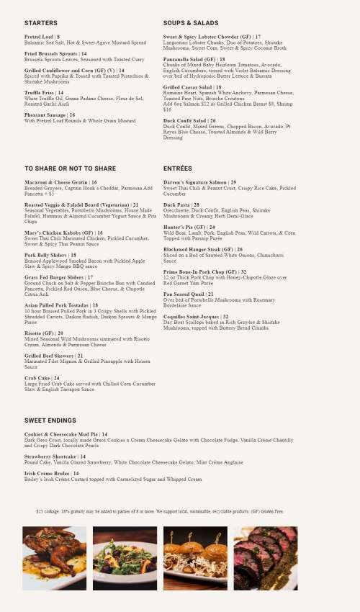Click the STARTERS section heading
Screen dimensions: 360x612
(41, 23)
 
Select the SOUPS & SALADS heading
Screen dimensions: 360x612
(190, 23)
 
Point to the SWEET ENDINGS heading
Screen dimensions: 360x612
(50, 420)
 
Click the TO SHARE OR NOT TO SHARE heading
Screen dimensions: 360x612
(70, 168)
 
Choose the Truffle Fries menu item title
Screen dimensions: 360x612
(44, 93)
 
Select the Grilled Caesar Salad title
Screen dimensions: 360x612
(192, 87)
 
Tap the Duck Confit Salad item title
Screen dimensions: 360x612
(189, 121)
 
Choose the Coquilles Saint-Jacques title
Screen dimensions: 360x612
(196, 317)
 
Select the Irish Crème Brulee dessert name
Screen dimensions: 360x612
(50, 474)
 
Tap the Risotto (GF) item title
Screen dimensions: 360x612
(43, 333)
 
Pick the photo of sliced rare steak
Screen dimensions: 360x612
(265, 558)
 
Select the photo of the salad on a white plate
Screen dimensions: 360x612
(125, 558)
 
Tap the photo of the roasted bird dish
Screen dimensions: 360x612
(54, 558)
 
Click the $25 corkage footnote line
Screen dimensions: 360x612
(160, 511)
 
